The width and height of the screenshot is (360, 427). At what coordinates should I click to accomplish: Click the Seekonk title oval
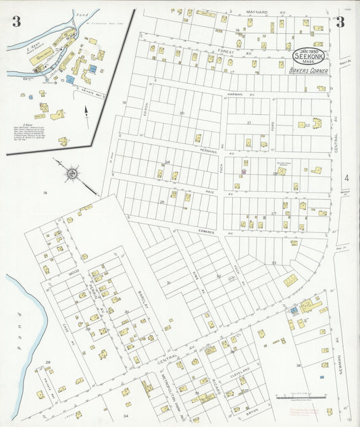tap(308, 54)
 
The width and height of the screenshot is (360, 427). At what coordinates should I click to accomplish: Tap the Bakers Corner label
tap(307, 70)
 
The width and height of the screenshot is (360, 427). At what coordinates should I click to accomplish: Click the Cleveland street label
tap(240, 372)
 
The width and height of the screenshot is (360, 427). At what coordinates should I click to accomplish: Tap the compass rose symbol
tap(71, 173)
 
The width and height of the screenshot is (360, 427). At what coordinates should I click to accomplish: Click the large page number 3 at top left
tap(16, 22)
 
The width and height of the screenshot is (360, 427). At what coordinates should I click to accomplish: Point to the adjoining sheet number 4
tap(346, 178)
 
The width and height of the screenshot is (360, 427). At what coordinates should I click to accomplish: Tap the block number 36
tap(299, 366)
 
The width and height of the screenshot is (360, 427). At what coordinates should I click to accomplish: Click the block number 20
tap(181, 113)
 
